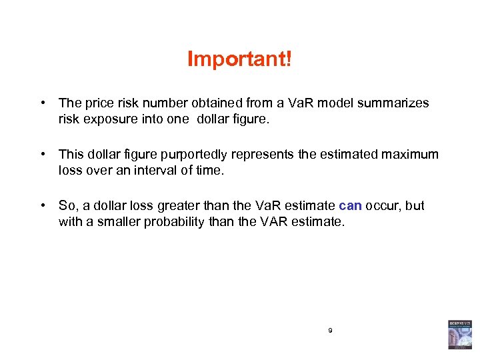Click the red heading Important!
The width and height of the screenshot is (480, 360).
239,59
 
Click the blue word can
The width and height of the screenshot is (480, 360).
350,206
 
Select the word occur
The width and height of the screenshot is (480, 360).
382,206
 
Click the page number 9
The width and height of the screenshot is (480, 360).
330,330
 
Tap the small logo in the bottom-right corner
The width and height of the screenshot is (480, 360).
459,334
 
